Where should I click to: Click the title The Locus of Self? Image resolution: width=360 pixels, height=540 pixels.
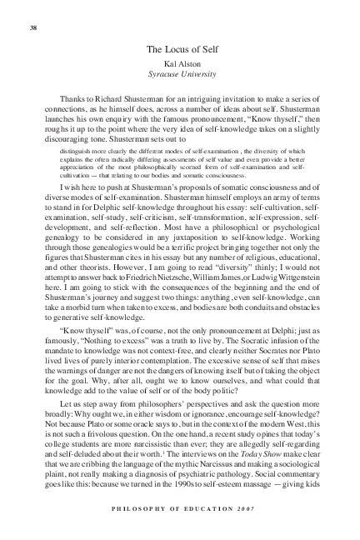pyautogui.click(x=180, y=50)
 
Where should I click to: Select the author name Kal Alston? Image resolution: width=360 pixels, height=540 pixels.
pyautogui.click(x=180, y=64)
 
